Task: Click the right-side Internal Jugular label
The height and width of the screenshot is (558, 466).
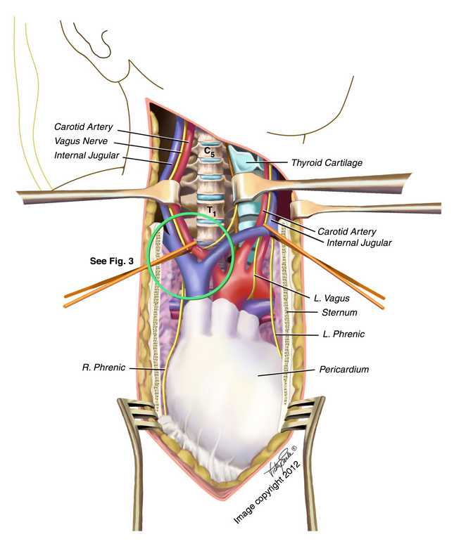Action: click(358, 242)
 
